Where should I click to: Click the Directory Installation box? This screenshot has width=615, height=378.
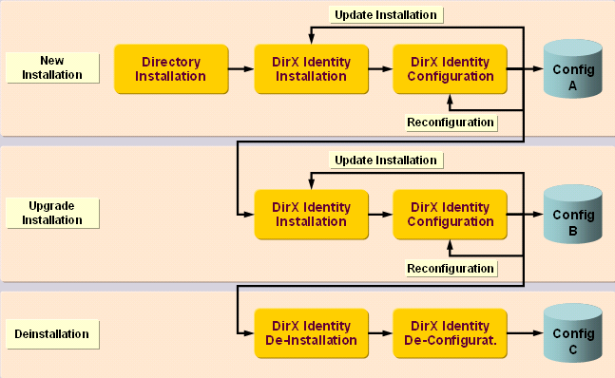coord(172,68)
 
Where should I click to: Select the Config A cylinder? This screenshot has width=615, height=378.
coord(573,69)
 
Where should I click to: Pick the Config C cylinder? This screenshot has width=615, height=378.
coord(573,333)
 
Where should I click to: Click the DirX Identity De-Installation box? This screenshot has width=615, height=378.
coord(311,333)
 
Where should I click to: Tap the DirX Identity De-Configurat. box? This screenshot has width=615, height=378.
coord(450,333)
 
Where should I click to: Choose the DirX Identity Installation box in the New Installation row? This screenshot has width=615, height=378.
coord(311,68)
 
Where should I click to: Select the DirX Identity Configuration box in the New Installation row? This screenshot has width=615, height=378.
coord(450,68)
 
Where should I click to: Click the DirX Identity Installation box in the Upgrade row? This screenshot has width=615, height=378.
coord(311,214)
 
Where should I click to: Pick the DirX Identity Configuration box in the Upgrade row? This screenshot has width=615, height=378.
coord(450,214)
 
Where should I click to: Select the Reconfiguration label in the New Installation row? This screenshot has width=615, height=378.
coord(450,122)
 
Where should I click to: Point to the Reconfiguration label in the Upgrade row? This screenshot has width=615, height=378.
coord(450,269)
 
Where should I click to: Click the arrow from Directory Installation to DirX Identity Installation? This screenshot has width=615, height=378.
coord(242,68)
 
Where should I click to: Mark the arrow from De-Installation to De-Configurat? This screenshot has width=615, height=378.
coord(380,333)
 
